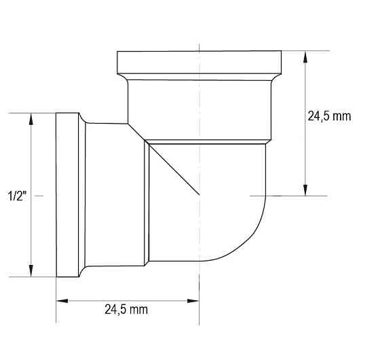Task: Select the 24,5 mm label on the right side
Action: click(x=330, y=116)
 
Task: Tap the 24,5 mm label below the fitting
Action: click(x=126, y=310)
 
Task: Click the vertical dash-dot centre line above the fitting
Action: click(x=199, y=27)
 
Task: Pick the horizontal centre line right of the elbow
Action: click(x=292, y=196)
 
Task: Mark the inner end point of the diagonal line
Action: click(x=199, y=196)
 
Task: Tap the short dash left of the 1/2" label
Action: click(x=39, y=195)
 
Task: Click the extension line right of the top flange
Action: click(x=305, y=51)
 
